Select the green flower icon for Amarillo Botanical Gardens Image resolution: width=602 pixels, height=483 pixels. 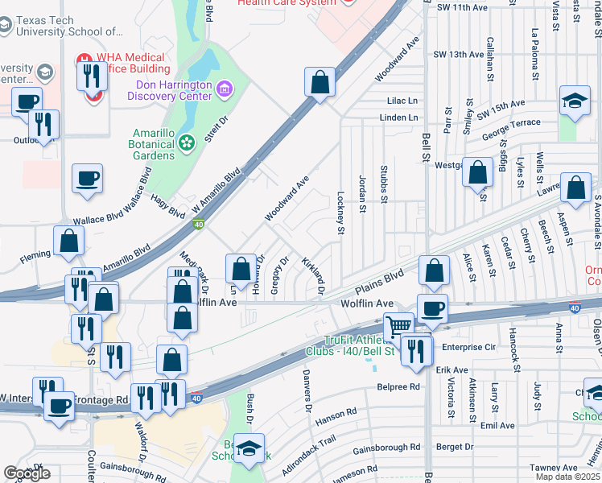click(x=187, y=142)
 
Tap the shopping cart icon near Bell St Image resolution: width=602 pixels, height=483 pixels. click(x=398, y=327)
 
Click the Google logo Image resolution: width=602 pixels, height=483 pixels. click(x=27, y=473)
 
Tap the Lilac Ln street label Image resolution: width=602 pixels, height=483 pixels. click(x=402, y=101)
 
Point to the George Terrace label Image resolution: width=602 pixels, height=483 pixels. click(x=511, y=130)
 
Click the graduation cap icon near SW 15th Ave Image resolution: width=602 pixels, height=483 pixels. click(x=575, y=101)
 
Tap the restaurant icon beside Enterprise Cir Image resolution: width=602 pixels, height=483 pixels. click(x=415, y=351)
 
